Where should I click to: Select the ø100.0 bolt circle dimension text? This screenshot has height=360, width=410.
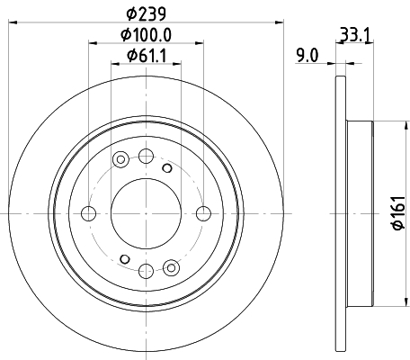146,36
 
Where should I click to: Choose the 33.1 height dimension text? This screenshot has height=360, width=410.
353,36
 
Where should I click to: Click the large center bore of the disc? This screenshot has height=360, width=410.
146,213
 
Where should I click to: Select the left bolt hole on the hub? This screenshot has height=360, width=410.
88,213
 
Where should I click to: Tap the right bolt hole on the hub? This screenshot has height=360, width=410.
204,213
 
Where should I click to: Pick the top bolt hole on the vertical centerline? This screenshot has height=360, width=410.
146,156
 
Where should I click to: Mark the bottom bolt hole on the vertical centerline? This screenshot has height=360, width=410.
146,271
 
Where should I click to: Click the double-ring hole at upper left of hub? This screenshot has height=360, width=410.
120,160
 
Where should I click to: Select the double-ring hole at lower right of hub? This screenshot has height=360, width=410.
172,265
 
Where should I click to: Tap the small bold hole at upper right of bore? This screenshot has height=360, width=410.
166,167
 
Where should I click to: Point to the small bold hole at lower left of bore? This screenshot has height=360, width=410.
125,259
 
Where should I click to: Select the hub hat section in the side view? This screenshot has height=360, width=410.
360,213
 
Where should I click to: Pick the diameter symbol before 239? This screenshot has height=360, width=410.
130,14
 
